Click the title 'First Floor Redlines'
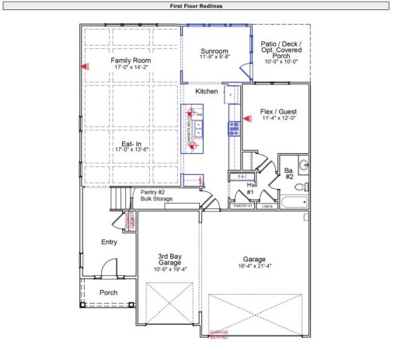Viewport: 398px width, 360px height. (198, 5)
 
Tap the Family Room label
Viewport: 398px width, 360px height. (130, 60)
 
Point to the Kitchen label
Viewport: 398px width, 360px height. (206, 91)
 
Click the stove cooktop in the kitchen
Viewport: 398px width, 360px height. (232, 128)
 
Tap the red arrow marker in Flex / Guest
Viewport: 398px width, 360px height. (247, 119)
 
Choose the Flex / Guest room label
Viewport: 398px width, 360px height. (279, 112)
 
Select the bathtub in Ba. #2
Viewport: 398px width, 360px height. (292, 203)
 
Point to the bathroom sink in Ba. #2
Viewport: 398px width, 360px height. (304, 164)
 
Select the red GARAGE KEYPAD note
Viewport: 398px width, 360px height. (219, 334)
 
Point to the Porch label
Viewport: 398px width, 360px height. (109, 292)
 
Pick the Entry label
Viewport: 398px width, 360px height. (109, 243)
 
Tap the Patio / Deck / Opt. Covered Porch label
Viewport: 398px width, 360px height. (281, 53)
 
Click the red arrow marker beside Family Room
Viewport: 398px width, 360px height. (86, 67)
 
